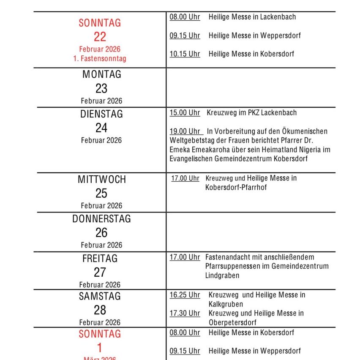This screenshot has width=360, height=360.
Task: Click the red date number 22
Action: click(x=100, y=37)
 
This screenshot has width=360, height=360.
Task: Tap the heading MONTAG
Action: click(x=101, y=74)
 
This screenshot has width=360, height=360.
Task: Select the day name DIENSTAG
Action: click(x=101, y=114)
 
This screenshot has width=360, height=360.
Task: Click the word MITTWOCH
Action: click(x=101, y=179)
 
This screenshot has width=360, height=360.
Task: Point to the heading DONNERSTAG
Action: click(x=101, y=219)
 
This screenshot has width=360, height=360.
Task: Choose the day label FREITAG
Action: click(x=100, y=258)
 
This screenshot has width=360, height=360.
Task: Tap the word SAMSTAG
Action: click(x=100, y=296)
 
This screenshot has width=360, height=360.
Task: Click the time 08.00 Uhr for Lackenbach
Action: click(x=185, y=17)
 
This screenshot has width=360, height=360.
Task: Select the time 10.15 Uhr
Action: click(x=185, y=54)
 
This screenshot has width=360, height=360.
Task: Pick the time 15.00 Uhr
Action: click(x=185, y=113)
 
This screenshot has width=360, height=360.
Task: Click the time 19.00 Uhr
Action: click(x=185, y=131)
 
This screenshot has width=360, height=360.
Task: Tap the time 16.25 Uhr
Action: click(x=185, y=295)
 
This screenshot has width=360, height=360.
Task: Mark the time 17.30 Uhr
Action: click(x=185, y=313)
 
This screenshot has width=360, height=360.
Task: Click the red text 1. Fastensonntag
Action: click(x=100, y=59)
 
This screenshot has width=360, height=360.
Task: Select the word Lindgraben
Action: click(x=222, y=275)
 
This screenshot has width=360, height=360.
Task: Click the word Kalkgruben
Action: click(x=226, y=304)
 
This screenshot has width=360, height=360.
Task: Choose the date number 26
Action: click(x=101, y=232)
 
